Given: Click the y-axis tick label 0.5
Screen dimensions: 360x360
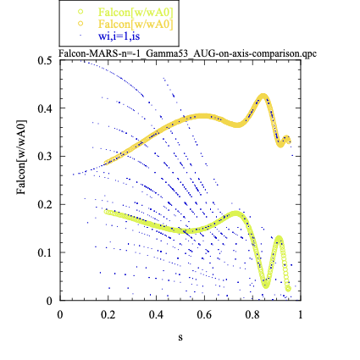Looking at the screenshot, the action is coord(45,60).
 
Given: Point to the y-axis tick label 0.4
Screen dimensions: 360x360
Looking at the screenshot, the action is coord(45,108).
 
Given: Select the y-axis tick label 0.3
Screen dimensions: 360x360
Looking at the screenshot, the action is coord(45,157).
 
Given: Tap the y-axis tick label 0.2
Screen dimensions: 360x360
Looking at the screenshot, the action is coord(45,204).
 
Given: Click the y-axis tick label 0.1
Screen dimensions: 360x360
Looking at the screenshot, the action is coord(45,252).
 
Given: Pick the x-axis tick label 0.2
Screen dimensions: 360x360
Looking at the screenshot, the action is coord(108,314).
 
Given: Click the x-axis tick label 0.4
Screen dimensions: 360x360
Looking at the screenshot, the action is coord(156,314).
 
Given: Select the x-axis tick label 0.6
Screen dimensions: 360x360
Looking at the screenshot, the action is coord(204,314).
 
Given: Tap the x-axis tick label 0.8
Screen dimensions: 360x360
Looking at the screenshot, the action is coord(252,314).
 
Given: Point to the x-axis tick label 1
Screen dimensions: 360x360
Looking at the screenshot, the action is coord(300,314).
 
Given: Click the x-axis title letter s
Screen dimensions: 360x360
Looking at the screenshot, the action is coord(180,337).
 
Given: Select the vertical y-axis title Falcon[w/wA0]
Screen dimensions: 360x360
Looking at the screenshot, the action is coord(21,158).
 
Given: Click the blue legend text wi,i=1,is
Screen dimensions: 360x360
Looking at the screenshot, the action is coord(119,36).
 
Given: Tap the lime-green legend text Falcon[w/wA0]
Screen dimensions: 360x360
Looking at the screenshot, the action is coord(136,12).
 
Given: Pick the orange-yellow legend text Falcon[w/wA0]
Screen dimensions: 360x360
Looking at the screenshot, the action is coord(136,24).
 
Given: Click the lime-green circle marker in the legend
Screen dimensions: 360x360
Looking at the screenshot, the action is coord(80,12).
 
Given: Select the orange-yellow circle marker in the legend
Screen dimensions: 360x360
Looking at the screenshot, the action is coord(80,24).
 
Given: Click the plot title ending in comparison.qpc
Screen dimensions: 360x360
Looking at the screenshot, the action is coord(187,53).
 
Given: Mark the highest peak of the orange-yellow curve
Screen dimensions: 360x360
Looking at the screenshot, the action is coord(263,96).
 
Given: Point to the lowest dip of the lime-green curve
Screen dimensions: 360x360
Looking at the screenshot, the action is coord(265,285).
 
